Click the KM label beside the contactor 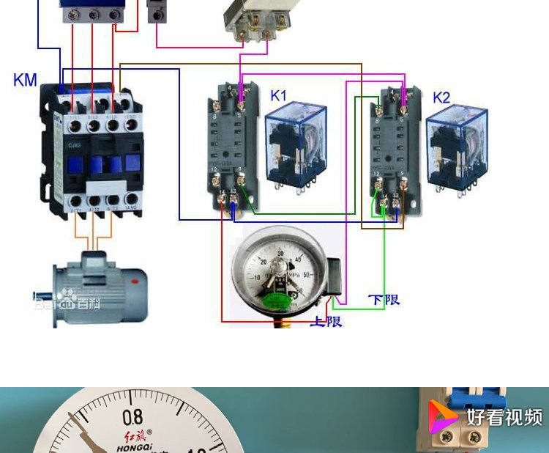tap(25, 79)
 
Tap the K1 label tap(279, 95)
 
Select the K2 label tap(441, 97)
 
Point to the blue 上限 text tap(326, 321)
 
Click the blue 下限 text tap(384, 300)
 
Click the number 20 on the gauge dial tap(264, 261)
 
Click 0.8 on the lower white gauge tap(133, 418)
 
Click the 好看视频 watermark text tap(505, 417)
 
